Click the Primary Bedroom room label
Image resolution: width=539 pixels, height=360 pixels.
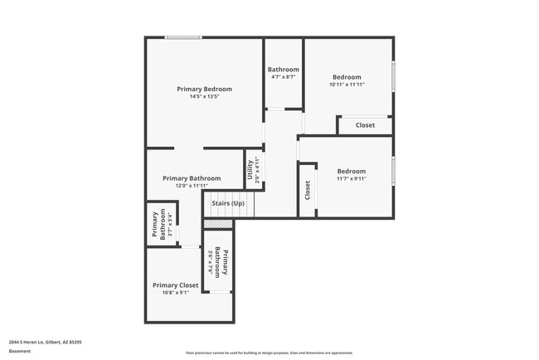click(x=204, y=89)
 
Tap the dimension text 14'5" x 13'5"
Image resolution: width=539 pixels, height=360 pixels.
click(x=204, y=96)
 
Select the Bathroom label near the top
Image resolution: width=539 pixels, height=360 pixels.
click(x=283, y=70)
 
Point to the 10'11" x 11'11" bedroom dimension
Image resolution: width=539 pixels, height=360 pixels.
click(x=347, y=85)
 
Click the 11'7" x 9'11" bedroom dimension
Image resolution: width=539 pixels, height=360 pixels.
click(x=351, y=178)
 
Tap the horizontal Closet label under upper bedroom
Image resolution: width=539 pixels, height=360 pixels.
click(x=365, y=125)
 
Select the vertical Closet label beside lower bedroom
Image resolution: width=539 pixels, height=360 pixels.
click(x=308, y=190)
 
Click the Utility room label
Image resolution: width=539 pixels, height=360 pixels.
click(x=250, y=169)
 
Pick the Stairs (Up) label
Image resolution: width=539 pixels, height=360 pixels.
click(x=228, y=203)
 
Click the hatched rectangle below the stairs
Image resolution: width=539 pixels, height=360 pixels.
click(x=218, y=224)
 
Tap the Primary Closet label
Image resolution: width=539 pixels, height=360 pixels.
click(x=176, y=285)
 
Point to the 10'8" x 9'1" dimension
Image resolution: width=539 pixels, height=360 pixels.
click(x=176, y=292)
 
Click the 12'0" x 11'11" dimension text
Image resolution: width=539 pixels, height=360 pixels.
click(x=192, y=186)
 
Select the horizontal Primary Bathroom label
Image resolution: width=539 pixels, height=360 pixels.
click(x=192, y=178)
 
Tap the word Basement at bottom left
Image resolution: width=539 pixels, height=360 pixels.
click(x=20, y=351)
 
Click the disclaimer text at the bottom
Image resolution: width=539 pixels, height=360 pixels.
click(x=269, y=353)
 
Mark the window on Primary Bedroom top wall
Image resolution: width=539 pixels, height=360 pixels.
click(x=182, y=37)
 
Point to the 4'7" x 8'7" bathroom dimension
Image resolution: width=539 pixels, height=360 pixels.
click(x=283, y=77)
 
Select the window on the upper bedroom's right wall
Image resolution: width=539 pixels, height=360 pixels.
click(x=393, y=75)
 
